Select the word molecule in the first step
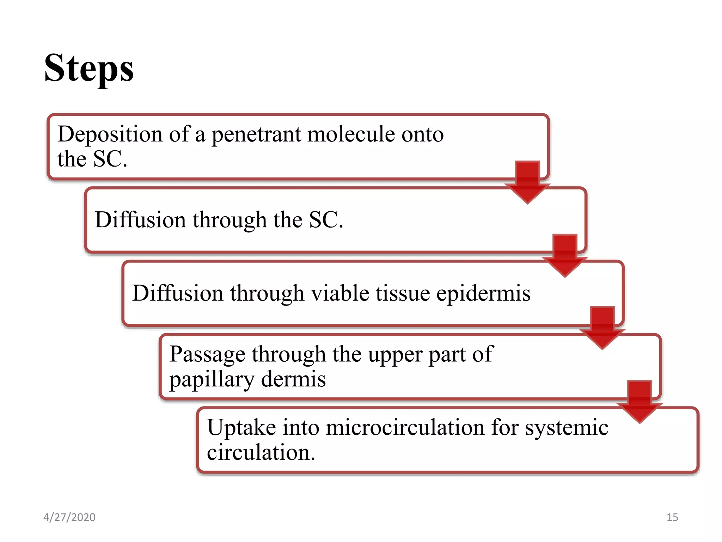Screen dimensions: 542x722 point(351,134)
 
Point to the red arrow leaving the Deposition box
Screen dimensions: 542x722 point(527,182)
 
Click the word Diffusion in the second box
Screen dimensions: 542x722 point(140,220)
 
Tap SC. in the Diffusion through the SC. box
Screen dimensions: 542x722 point(326,220)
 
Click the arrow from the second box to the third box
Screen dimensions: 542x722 point(565,255)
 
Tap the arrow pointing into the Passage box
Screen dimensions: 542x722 point(602,328)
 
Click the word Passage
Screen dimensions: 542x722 point(207,354)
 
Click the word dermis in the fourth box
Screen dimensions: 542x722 point(293,379)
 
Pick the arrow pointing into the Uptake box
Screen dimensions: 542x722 point(640,402)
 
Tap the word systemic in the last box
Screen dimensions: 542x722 point(567,428)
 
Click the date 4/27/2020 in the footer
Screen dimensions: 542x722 point(69,517)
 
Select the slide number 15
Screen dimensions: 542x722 point(672,517)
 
